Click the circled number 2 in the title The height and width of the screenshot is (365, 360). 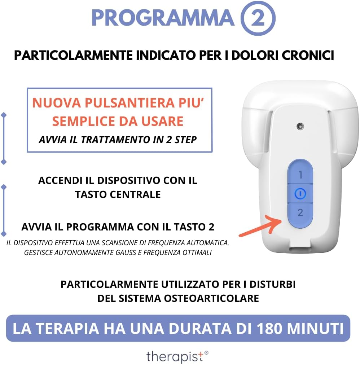click(258, 18)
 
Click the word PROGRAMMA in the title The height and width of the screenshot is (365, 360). click(163, 18)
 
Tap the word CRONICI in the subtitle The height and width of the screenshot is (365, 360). click(308, 56)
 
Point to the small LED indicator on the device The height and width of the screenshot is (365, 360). click(300, 126)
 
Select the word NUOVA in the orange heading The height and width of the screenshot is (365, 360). click(57, 103)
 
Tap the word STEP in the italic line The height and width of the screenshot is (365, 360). click(185, 140)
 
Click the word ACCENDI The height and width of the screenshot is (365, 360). click(61, 180)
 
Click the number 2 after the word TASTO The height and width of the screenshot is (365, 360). click(211, 227)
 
